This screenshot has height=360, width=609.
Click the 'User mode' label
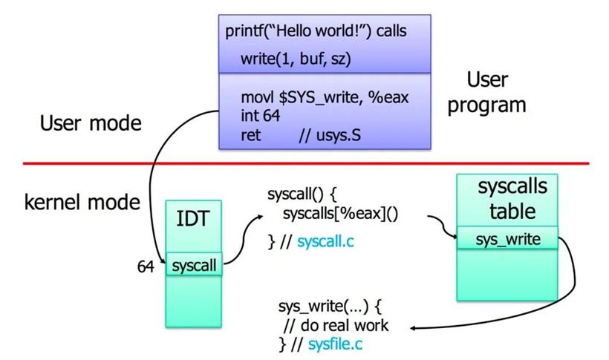[91, 123]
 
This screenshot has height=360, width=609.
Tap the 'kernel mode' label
[82, 203]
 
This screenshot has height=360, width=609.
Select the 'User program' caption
[487, 93]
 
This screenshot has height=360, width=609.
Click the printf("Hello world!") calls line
[316, 31]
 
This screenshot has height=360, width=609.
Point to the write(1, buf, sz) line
[296, 59]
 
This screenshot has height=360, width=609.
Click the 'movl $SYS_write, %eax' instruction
[325, 97]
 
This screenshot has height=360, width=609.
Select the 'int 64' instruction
[260, 116]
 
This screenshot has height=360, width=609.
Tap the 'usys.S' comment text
[339, 135]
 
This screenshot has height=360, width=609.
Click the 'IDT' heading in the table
[193, 219]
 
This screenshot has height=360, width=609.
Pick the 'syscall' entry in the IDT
[194, 266]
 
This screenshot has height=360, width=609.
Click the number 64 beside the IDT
[146, 266]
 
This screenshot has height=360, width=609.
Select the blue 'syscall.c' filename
[325, 241]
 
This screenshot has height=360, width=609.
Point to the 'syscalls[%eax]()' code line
[341, 214]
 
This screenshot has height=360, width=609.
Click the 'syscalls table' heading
[512, 199]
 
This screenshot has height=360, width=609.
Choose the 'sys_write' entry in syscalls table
[508, 239]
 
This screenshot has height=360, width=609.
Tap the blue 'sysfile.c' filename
[335, 344]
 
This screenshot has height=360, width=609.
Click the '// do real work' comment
[336, 325]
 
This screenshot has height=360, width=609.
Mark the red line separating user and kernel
[306, 163]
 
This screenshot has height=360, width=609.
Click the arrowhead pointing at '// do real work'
[414, 329]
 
